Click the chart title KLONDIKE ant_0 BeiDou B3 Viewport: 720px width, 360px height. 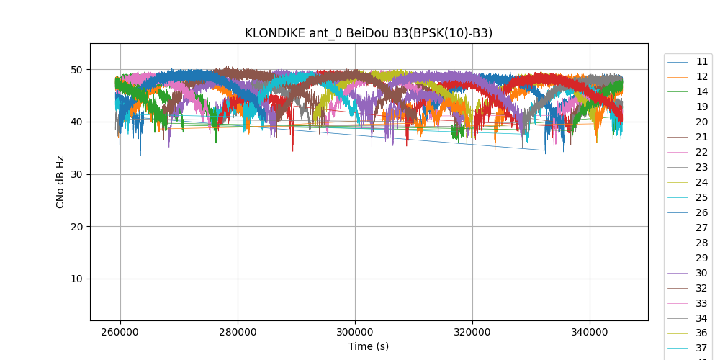(x=369, y=33)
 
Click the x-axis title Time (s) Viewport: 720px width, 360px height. (x=369, y=346)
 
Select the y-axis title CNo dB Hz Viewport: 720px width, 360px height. (x=60, y=182)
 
